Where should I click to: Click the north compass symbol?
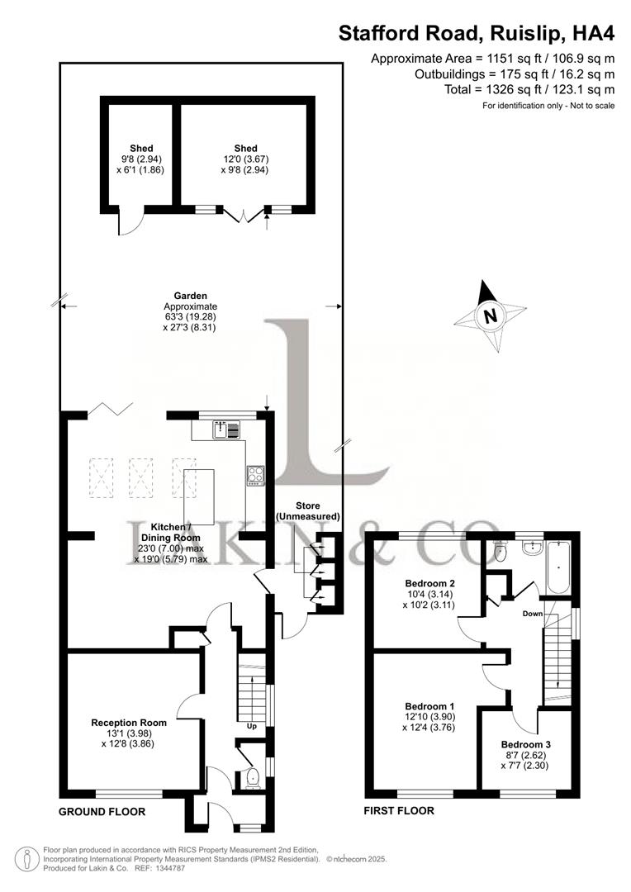pyautogui.click(x=491, y=316)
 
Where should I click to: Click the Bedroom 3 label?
pyautogui.click(x=525, y=743)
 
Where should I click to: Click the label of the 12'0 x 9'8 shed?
pyautogui.click(x=245, y=149)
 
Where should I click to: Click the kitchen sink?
pyautogui.click(x=221, y=429)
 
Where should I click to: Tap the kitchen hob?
pyautogui.click(x=254, y=475)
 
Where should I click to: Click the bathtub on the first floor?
pyautogui.click(x=558, y=569)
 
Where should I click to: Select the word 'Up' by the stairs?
pyautogui.click(x=252, y=727)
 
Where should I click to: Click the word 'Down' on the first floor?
pyautogui.click(x=532, y=614)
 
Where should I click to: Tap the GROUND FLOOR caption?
pyautogui.click(x=102, y=812)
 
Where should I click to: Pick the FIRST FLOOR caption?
pyautogui.click(x=399, y=811)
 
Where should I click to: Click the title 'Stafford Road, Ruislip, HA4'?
pyautogui.click(x=477, y=35)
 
